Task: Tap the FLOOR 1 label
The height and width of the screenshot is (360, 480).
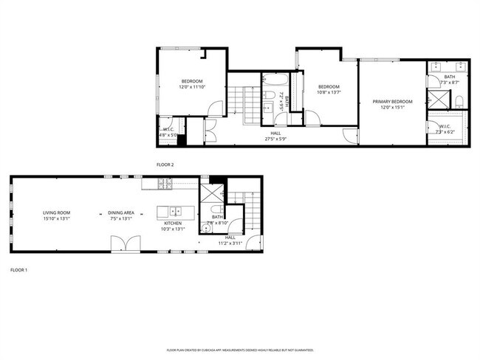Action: click(18, 270)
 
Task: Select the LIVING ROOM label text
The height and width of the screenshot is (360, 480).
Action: click(55, 212)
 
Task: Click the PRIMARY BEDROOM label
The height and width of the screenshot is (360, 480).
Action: click(392, 101)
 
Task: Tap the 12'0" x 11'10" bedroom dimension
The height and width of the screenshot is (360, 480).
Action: click(192, 87)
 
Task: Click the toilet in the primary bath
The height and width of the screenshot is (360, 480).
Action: click(458, 100)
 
